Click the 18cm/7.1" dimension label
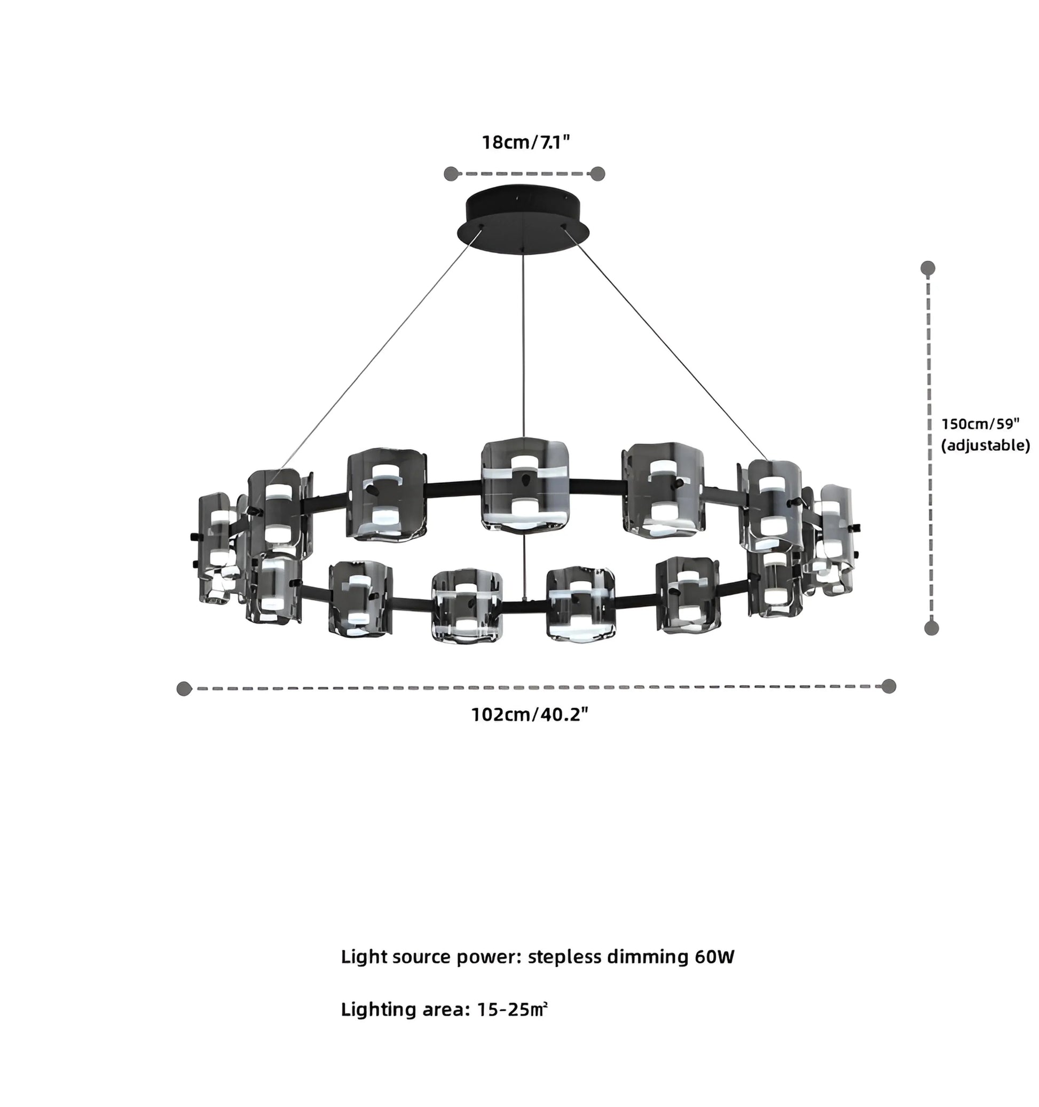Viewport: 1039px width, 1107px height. coord(525,142)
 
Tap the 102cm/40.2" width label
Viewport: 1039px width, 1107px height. coord(530,714)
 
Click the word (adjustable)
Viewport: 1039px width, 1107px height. coord(985,445)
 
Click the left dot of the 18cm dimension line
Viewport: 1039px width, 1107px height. coord(451,174)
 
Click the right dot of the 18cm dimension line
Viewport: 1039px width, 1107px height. coord(597,174)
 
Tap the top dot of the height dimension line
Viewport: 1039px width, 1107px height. coord(927,269)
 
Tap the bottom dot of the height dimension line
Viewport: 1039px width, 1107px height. coord(931,628)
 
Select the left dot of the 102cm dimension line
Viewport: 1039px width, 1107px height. coord(184,688)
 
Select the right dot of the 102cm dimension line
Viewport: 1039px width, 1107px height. coord(888,686)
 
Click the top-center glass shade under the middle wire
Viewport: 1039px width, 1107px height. coord(524,484)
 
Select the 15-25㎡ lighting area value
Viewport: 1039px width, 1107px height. coord(512,1009)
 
